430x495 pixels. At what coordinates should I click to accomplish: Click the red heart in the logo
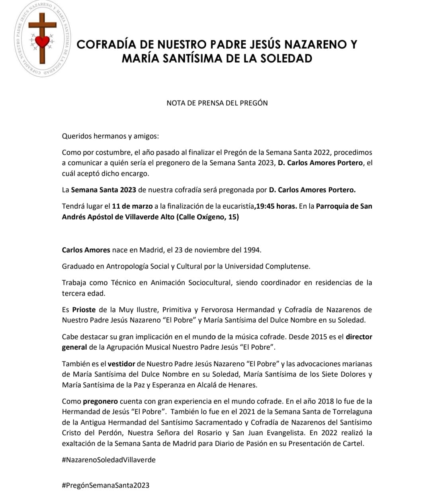point(42,41)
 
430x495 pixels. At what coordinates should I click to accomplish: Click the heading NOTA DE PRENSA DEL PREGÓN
point(217,103)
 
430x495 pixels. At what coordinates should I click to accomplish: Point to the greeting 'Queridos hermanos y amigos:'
point(110,136)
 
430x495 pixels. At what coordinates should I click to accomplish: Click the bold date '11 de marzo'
point(132,206)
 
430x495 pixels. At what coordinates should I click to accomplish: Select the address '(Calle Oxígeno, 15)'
point(208,217)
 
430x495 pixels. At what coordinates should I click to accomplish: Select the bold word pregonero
point(100,401)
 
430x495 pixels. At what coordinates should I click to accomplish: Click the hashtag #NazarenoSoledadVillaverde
point(109,460)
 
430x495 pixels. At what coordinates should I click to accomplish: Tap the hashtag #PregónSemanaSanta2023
point(106,485)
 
